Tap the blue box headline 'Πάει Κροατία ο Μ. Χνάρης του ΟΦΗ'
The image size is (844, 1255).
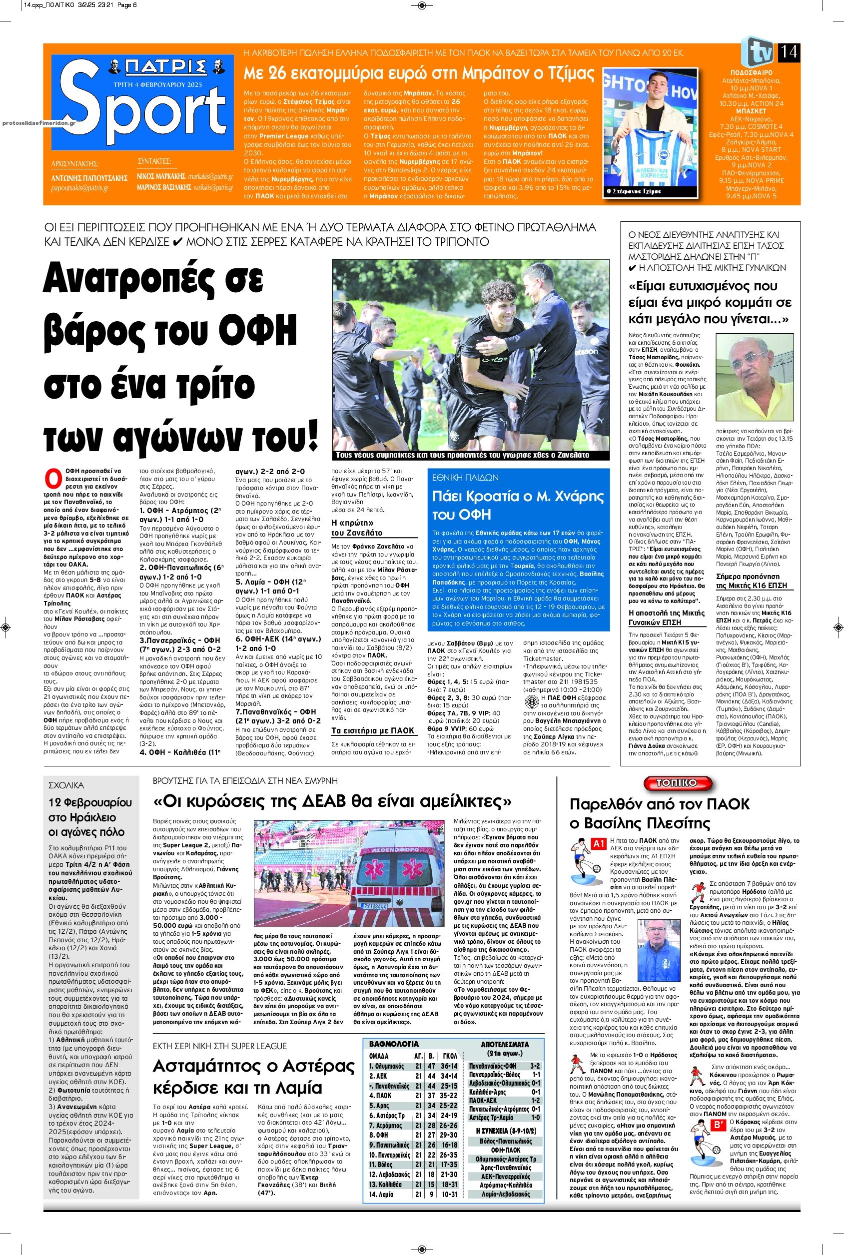(x=518, y=505)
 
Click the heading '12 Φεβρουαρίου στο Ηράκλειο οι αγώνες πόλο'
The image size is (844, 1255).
(x=90, y=817)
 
